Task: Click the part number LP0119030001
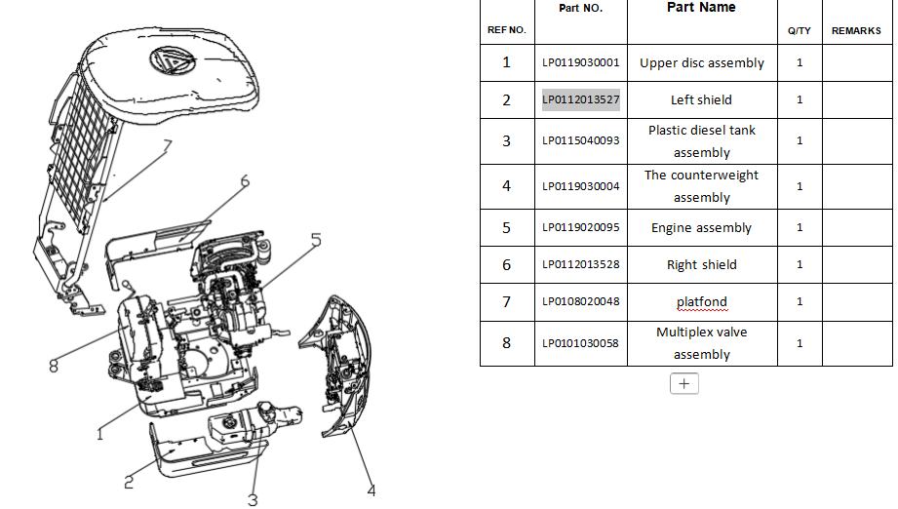[x=581, y=63]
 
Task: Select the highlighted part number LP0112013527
[x=581, y=99]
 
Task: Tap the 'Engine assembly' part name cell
[x=701, y=228]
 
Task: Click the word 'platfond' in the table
[x=701, y=302]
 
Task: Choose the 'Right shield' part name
[x=701, y=265]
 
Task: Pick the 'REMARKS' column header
[x=856, y=31]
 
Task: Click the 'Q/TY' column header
[x=800, y=31]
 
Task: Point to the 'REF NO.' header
[x=506, y=30]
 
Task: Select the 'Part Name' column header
[x=701, y=8]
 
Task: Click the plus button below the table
[x=684, y=384]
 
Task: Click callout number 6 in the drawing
[x=245, y=181]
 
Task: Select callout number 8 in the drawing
[x=55, y=367]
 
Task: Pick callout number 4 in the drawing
[x=371, y=489]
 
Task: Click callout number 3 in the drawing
[x=253, y=500]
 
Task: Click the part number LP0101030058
[x=581, y=343]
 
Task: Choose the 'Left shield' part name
[x=701, y=100]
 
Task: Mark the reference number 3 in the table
[x=506, y=141]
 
